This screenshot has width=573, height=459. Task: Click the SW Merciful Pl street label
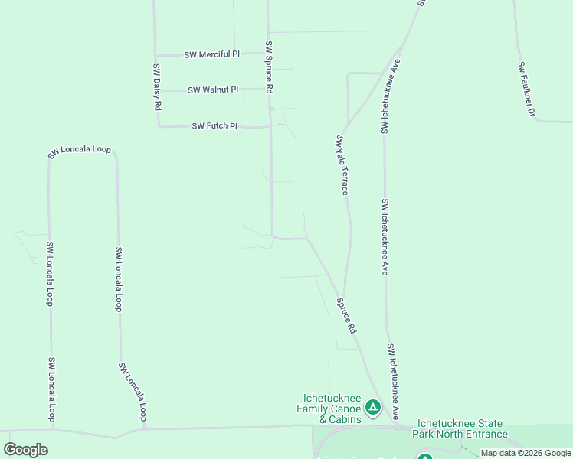point(211,54)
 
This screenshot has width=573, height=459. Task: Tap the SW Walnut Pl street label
point(213,90)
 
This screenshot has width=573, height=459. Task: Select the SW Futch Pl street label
point(214,125)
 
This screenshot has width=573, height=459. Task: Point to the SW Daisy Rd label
point(156,88)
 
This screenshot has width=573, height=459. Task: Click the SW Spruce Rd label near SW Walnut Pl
point(270,67)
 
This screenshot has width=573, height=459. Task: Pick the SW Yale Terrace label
point(342,164)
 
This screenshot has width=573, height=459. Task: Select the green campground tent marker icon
point(373,408)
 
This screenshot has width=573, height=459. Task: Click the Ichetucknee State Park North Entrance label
point(460,428)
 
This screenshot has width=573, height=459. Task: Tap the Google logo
point(25,450)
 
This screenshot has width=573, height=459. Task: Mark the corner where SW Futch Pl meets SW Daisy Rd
point(159,126)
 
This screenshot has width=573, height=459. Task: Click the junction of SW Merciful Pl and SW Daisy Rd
point(156,55)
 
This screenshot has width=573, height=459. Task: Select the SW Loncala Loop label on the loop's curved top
point(80,151)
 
